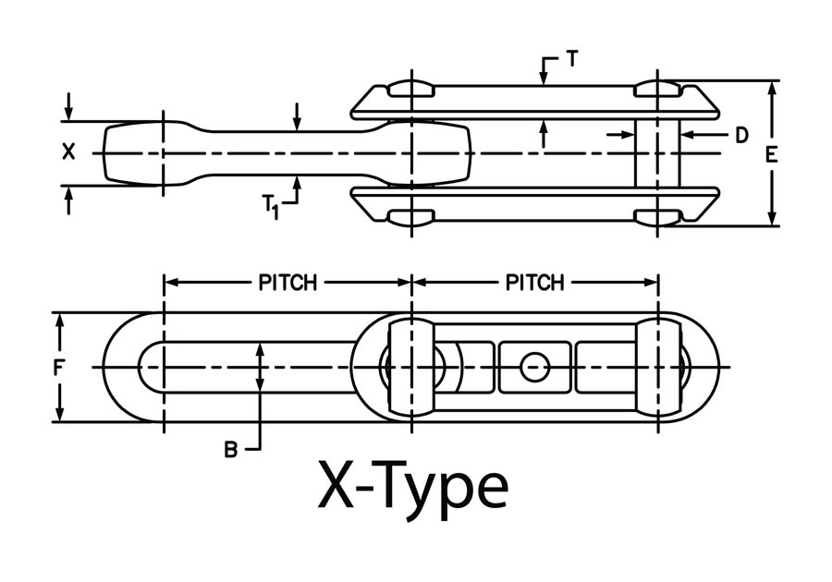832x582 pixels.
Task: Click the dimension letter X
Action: [x=68, y=152]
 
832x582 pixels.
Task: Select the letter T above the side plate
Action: [x=573, y=59]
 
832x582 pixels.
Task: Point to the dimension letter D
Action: [x=740, y=135]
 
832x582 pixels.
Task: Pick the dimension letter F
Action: [x=58, y=368]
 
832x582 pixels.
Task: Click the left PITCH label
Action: [x=288, y=283]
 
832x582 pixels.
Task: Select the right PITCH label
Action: [x=535, y=283]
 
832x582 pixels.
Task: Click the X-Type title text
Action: [x=413, y=487]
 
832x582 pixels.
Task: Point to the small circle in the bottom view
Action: [x=533, y=368]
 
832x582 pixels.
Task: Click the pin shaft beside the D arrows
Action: [x=657, y=152]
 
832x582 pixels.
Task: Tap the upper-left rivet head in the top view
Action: [x=410, y=90]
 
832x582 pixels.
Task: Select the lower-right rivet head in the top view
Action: [x=657, y=217]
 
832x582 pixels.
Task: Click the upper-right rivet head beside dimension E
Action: [x=657, y=90]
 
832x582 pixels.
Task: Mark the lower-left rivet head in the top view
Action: [x=410, y=217]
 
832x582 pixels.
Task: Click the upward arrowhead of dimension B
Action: [x=261, y=348]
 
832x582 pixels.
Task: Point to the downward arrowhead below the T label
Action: [x=544, y=81]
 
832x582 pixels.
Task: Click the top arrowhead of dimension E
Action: [x=773, y=86]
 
